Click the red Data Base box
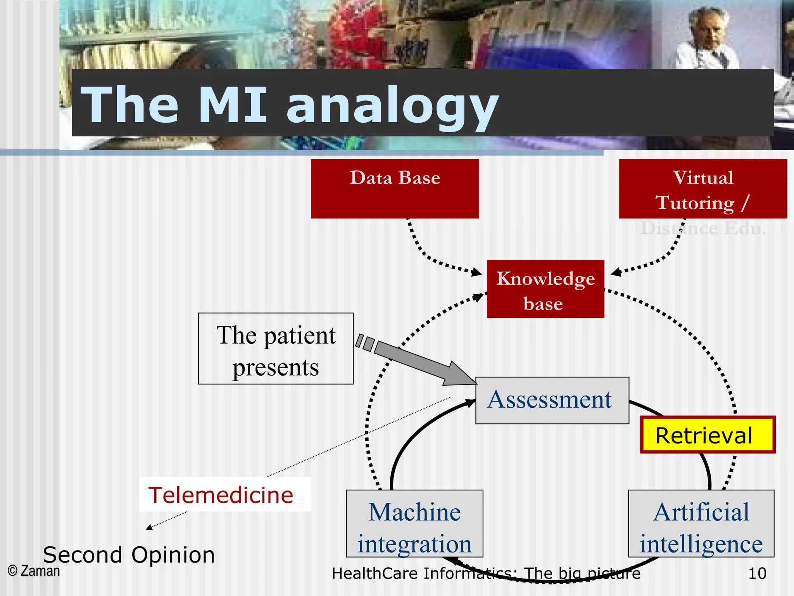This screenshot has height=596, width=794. pos(395,189)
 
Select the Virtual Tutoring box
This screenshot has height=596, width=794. pos(703,189)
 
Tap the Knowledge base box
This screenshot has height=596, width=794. pos(545,289)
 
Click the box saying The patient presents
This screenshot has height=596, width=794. pos(276,348)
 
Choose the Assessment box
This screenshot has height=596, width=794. pos(552,400)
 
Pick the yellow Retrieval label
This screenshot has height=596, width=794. pos(707,435)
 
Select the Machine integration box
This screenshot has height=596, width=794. pos(414,523)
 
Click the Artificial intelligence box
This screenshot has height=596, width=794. pos(701,523)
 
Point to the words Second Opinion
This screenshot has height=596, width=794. pos(129,554)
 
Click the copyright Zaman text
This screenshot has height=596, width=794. pos(34,571)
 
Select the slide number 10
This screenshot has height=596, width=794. pos(757,573)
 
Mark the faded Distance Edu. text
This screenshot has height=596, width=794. pos(703,228)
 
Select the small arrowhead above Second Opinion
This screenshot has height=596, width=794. pos(149,527)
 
